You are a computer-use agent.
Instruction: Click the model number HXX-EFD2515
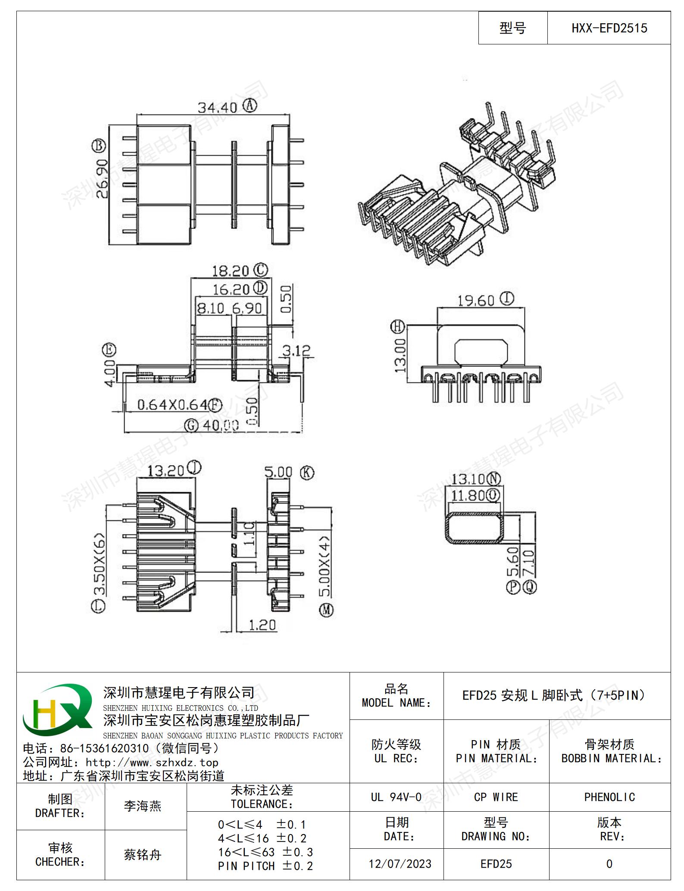click(x=609, y=28)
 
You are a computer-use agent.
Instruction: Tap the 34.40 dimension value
click(x=218, y=108)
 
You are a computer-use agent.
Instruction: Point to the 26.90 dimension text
click(x=102, y=179)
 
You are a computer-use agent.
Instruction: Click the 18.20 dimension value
click(x=231, y=271)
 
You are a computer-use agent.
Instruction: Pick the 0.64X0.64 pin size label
click(x=172, y=405)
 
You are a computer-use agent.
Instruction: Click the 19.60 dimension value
click(x=476, y=300)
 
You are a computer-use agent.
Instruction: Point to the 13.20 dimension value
click(x=166, y=471)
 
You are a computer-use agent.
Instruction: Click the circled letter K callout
click(x=306, y=472)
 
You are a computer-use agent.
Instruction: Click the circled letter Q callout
click(x=530, y=587)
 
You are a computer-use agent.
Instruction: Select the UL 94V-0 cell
click(x=396, y=797)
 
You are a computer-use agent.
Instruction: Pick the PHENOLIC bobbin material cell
click(x=609, y=797)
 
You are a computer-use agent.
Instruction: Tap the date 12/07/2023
click(x=400, y=864)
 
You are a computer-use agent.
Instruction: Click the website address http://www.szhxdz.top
click(x=152, y=763)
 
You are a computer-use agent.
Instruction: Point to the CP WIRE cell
click(x=496, y=797)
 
